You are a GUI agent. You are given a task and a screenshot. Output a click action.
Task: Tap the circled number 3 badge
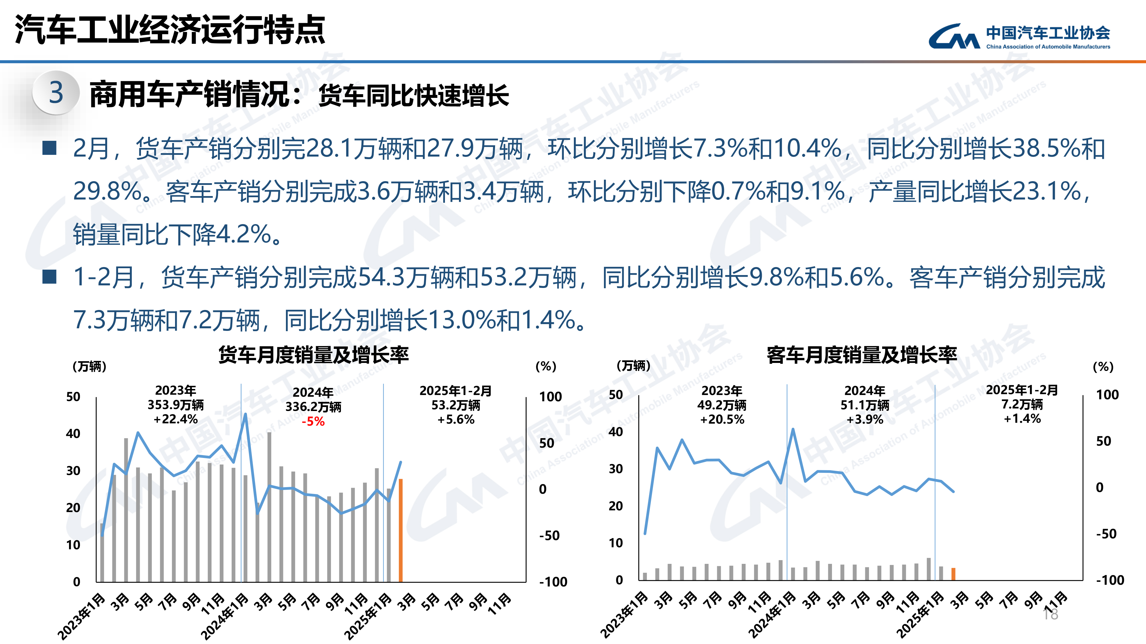tap(56, 92)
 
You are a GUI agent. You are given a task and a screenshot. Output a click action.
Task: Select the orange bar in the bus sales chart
tap(953, 574)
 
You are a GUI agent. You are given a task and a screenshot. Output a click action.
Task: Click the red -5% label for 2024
tap(313, 421)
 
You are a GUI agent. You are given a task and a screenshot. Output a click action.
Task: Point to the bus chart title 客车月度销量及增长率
tap(862, 355)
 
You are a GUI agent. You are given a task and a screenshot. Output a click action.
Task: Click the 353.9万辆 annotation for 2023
tap(176, 405)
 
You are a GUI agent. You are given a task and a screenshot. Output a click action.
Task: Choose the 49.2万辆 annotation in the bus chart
tap(722, 405)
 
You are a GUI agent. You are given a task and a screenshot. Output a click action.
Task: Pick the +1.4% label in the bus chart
tap(1022, 419)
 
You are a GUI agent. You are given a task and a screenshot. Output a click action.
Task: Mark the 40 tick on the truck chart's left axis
tap(73, 434)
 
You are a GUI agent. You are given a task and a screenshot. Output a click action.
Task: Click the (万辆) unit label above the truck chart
tap(89, 367)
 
